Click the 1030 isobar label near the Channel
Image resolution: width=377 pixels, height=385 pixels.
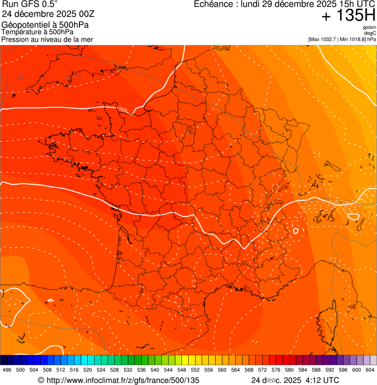coord(122,109)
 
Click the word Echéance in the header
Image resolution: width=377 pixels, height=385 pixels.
coord(213,4)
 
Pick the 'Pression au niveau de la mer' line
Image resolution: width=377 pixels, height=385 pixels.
coord(47,39)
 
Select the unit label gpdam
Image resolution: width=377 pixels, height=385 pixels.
coord(369,27)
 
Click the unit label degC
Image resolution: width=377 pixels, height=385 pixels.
coord(370,33)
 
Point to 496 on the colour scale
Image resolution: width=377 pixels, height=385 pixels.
coord(7,370)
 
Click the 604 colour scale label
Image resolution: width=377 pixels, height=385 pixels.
coord(370,370)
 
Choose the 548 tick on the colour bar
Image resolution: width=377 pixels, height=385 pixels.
coord(182,370)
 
